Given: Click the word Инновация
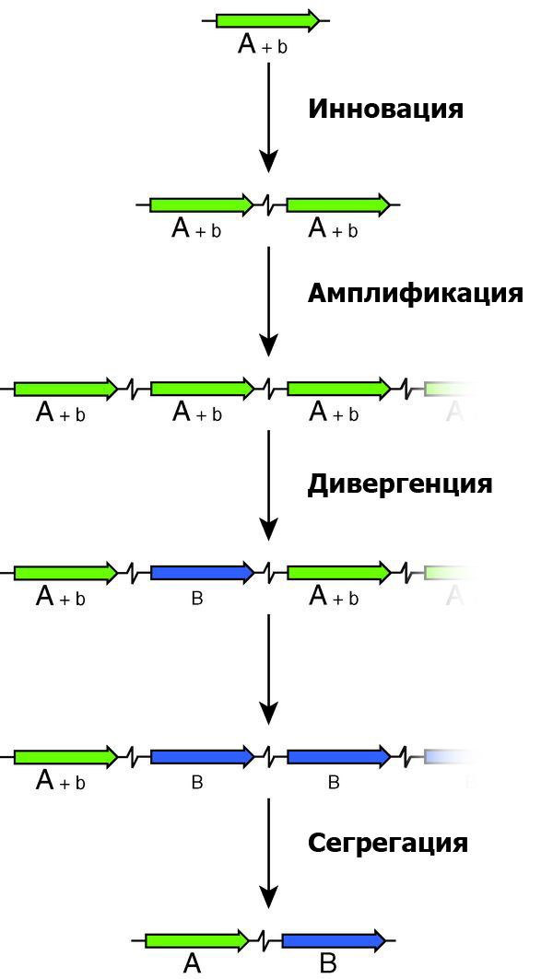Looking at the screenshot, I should point(384,110).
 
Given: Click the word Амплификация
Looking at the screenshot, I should point(415,294).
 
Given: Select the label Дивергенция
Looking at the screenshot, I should point(399,484).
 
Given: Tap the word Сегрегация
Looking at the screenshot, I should point(387,843).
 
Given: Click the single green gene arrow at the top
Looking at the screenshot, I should point(267,20).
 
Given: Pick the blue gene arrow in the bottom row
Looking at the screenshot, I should point(333,940).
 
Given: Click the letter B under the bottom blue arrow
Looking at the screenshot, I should point(328,964).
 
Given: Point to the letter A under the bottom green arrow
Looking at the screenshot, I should point(192,964).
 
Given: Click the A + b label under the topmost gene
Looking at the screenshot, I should point(263,44).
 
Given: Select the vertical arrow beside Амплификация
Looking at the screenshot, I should point(268,300).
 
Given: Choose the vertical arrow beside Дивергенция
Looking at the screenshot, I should point(268,484).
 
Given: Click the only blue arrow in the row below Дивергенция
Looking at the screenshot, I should point(202,573).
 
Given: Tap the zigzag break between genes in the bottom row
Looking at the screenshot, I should point(265,940).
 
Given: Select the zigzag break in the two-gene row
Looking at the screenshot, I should point(269,204).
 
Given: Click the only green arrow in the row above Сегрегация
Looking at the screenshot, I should point(65,757).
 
